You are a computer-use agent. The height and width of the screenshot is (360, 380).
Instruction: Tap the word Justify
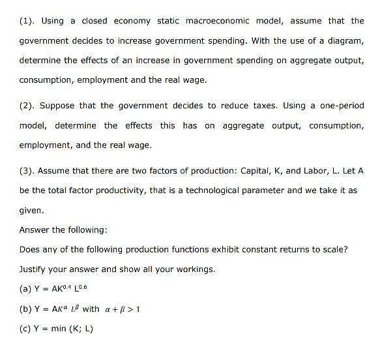point(34,269)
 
